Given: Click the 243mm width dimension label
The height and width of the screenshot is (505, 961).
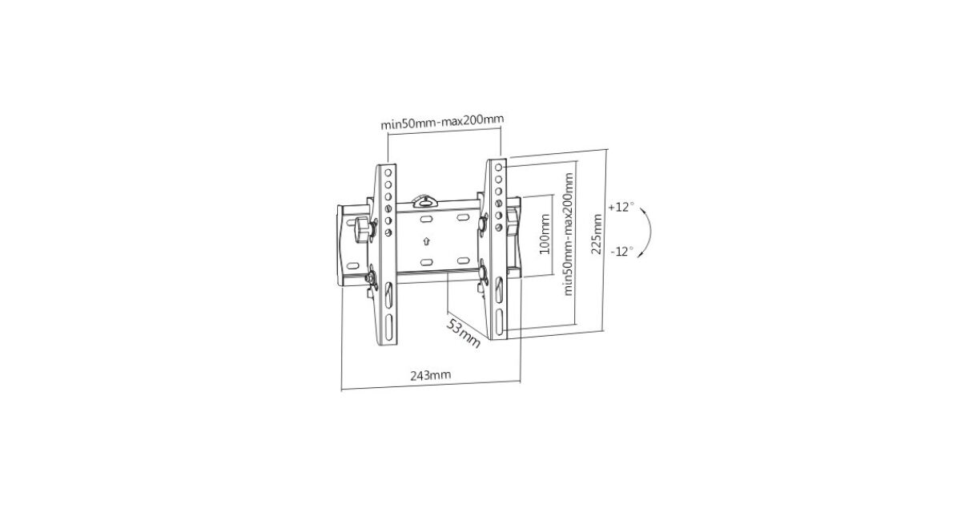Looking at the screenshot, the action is [431, 375].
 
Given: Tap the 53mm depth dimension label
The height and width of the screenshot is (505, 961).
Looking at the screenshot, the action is [464, 333].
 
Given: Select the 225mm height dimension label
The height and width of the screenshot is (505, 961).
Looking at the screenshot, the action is [597, 234].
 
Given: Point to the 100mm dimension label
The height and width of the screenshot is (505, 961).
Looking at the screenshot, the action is [545, 234].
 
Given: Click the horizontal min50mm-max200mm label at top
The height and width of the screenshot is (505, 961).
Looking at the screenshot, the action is [442, 122].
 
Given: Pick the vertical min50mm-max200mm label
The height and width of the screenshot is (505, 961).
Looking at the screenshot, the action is [569, 234].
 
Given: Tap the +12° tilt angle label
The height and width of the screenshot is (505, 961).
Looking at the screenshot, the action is [621, 207].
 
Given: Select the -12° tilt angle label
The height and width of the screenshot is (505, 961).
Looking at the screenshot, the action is [622, 251].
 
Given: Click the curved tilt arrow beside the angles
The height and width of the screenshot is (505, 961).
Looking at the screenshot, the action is [650, 232].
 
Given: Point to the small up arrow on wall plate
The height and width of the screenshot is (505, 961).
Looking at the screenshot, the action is [426, 241].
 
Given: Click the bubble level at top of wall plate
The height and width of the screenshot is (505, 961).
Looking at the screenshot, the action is [425, 200].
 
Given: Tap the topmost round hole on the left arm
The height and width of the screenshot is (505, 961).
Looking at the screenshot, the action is [388, 172].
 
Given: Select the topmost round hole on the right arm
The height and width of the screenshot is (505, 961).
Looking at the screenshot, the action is [498, 167].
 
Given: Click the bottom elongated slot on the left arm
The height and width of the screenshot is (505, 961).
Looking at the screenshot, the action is [388, 327].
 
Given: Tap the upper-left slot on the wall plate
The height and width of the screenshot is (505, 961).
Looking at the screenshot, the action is [426, 220].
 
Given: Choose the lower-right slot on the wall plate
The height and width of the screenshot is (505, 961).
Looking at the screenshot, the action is [464, 261].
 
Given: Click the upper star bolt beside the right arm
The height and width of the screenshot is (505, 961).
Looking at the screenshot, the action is [483, 224].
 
